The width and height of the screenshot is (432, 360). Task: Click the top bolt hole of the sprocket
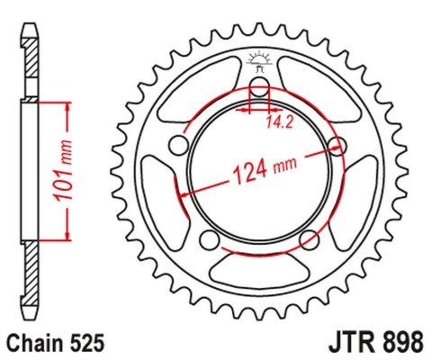(259, 87)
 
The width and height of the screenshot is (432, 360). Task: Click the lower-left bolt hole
(209, 239)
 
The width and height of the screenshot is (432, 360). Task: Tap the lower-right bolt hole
(309, 239)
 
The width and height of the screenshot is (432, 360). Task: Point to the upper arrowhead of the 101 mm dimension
(66, 106)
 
